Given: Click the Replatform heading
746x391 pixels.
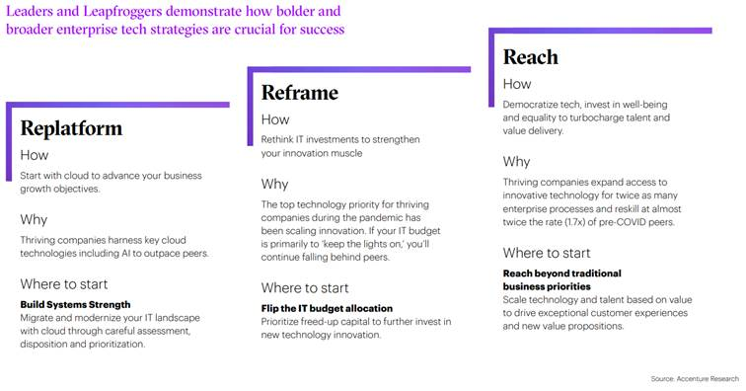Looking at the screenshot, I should click(71, 128).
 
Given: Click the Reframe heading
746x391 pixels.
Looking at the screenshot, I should click(300, 93).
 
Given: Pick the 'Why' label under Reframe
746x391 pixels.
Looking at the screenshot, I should click(274, 185).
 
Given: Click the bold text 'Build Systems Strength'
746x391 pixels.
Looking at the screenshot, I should click(76, 304).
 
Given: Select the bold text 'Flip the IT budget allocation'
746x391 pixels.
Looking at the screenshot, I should click(327, 308).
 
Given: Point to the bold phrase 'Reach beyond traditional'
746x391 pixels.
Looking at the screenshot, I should click(561, 273).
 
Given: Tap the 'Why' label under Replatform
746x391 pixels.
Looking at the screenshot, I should click(34, 219).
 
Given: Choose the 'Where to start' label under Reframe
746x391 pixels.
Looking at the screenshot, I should click(305, 287).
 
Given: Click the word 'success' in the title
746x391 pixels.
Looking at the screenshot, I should click(322, 30).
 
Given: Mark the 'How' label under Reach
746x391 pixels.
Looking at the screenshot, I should click(517, 84).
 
